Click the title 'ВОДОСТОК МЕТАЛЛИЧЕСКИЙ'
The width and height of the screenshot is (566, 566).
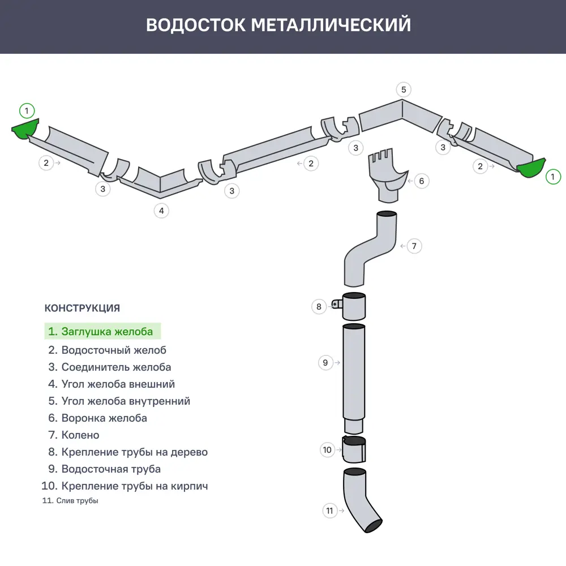click(x=278, y=25)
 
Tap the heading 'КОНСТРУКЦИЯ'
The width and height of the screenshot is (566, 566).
click(x=82, y=308)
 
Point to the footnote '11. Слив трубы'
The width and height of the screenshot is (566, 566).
click(x=70, y=501)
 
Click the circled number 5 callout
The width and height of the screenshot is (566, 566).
click(x=404, y=89)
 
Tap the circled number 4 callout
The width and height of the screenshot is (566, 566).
click(x=161, y=211)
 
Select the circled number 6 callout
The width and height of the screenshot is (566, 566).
click(x=421, y=181)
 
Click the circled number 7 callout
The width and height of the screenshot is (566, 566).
click(x=414, y=246)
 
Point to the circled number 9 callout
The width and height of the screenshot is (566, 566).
click(x=325, y=363)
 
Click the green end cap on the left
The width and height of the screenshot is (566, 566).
click(x=26, y=130)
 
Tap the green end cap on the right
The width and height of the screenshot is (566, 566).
click(x=531, y=168)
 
